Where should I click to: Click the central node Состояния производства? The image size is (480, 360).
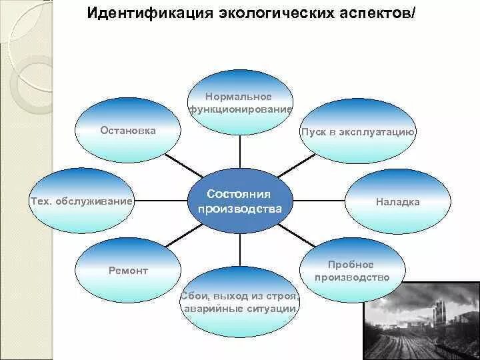(239, 201)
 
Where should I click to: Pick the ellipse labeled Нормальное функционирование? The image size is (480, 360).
(240, 100)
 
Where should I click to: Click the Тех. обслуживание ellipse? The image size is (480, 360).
(82, 201)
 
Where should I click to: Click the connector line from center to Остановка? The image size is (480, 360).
(178, 163)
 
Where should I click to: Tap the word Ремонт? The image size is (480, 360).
(128, 271)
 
